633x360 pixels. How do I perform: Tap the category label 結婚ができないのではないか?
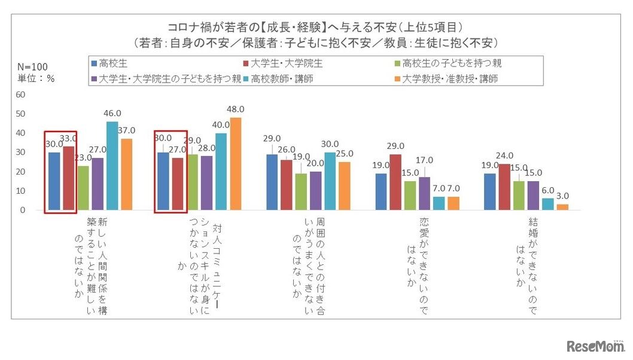tap(524, 263)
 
